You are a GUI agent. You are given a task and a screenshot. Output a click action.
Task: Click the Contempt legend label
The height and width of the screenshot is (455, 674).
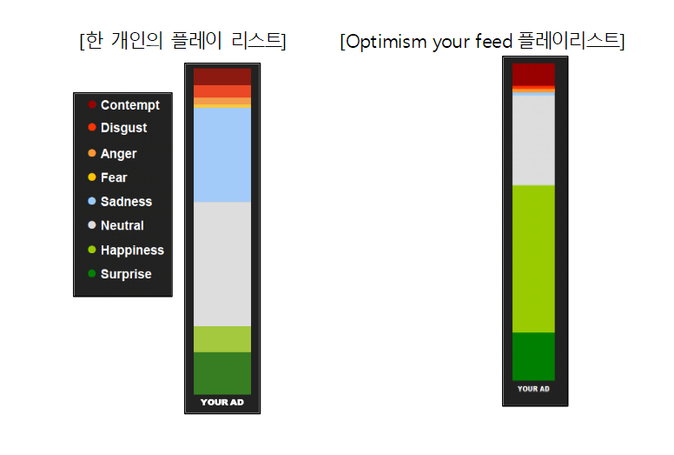(129, 105)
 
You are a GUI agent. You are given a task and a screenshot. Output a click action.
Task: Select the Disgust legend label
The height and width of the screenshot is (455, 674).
(123, 128)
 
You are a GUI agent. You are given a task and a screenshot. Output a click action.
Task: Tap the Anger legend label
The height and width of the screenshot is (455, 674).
(118, 154)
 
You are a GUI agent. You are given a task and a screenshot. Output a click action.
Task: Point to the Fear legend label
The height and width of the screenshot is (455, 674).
(114, 177)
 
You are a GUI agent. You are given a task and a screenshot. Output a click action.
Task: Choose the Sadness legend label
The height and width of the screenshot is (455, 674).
(126, 202)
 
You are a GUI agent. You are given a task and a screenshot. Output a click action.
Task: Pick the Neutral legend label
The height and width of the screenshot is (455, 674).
(122, 225)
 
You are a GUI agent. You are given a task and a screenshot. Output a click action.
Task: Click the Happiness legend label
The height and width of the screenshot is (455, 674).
(132, 251)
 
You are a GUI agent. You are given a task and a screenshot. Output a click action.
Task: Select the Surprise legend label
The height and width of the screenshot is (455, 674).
(126, 274)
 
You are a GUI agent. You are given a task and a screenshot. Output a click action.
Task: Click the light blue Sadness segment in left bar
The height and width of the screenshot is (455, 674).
(222, 155)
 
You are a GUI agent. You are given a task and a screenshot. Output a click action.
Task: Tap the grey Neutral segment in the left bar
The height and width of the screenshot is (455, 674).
(222, 264)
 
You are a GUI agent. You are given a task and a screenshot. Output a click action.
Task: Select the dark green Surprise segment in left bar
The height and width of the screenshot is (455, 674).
(222, 372)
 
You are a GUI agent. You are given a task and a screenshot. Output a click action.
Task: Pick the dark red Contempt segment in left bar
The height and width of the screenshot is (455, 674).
(222, 77)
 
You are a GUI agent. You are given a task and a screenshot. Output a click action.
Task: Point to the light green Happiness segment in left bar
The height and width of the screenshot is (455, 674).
(222, 339)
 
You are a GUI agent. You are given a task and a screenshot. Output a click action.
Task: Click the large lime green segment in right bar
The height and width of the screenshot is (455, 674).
(533, 258)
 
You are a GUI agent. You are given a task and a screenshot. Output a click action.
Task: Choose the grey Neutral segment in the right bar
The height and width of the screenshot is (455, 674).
(533, 139)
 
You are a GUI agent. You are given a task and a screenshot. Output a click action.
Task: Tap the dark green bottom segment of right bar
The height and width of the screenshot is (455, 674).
(533, 356)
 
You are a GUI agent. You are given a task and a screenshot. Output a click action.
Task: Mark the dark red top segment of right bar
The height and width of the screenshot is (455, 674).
(533, 74)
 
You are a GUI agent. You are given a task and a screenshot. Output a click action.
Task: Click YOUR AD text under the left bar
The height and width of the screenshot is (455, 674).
(222, 402)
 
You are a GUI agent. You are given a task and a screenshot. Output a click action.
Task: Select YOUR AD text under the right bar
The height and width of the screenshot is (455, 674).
(533, 389)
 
